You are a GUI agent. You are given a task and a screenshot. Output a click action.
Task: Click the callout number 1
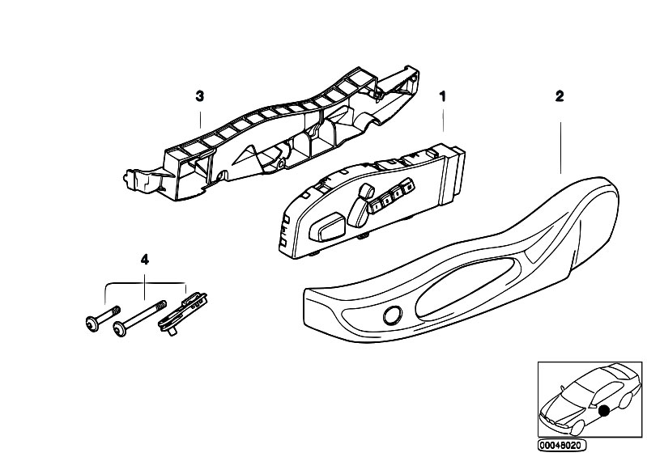(x=443, y=97)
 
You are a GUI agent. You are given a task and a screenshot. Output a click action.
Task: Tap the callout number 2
(x=559, y=96)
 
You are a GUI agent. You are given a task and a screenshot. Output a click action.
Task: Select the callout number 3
(x=200, y=96)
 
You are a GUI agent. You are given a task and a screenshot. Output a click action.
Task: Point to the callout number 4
(x=144, y=260)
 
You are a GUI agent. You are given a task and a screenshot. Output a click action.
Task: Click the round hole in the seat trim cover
(x=392, y=316)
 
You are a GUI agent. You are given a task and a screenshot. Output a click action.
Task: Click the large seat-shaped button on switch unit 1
(x=328, y=227)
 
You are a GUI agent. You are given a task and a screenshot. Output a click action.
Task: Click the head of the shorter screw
(x=91, y=323)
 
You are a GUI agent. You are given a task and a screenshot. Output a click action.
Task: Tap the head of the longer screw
(x=120, y=329)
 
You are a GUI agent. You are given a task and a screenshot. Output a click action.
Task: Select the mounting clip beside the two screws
(x=182, y=314)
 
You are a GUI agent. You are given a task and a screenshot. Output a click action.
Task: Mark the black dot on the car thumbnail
(x=605, y=410)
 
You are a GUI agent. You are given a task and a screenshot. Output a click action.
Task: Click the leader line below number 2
(x=560, y=147)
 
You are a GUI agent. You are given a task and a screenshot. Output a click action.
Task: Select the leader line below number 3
(x=201, y=120)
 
